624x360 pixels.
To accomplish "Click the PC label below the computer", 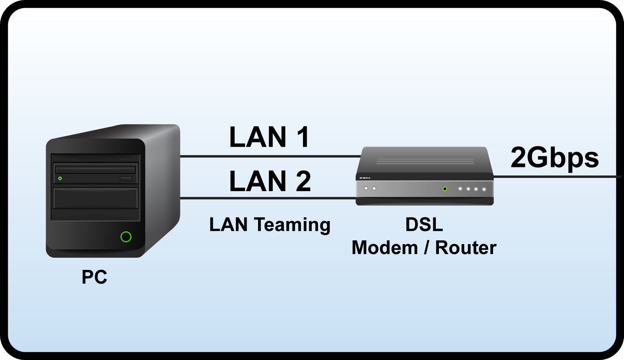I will (x=94, y=277).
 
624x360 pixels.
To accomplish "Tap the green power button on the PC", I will (x=126, y=237).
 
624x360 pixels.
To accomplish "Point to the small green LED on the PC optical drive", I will (x=60, y=178).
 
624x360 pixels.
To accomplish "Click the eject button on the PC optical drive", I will (x=126, y=179).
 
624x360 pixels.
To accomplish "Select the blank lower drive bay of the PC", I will (x=96, y=198).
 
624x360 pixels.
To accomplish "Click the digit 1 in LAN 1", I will (x=303, y=137).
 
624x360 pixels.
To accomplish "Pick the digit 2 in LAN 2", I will (x=303, y=181).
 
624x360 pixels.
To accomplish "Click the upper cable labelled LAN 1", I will (x=269, y=156).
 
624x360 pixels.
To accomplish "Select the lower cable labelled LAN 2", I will (x=269, y=198).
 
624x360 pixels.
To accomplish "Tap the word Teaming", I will (x=292, y=225).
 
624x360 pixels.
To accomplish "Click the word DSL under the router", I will (x=424, y=225).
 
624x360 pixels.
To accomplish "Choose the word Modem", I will (x=384, y=248).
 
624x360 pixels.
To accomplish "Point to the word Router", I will (x=465, y=248).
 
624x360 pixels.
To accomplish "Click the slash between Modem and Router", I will (x=426, y=248).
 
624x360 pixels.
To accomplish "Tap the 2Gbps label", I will (x=554, y=158).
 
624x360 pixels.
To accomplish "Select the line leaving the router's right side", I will (x=557, y=177).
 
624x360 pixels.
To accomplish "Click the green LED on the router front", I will (x=445, y=189).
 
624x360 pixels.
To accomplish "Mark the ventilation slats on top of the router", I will (x=425, y=162).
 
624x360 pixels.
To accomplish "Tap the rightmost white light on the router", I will (x=484, y=189).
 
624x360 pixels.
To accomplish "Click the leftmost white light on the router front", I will (x=366, y=188).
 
